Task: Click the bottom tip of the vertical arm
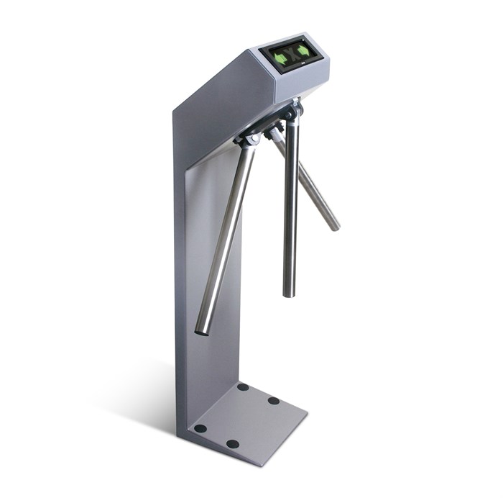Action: tap(289, 292)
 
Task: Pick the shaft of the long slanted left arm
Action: tap(226, 237)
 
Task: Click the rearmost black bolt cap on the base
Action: tap(243, 387)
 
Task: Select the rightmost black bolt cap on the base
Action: tap(274, 401)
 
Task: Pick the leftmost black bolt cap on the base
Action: tap(200, 428)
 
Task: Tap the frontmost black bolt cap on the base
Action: tap(232, 444)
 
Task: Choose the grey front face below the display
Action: tap(305, 83)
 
